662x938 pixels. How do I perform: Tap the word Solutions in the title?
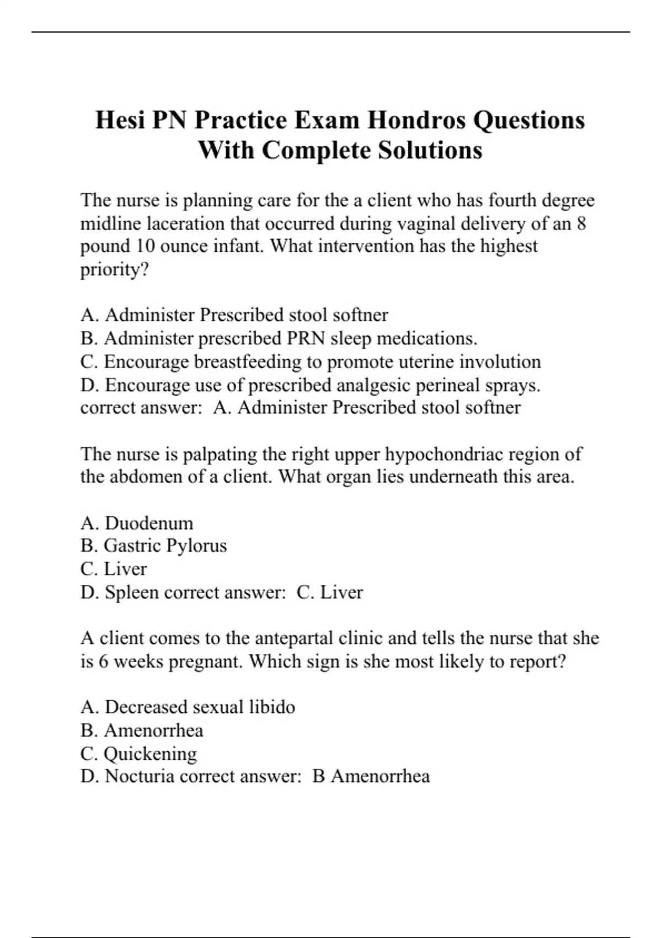[x=430, y=150]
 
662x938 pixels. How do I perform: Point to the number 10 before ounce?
[x=145, y=246]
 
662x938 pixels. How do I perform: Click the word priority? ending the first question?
[x=115, y=270]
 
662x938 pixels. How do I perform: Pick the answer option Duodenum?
[x=149, y=523]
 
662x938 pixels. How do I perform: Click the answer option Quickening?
[x=150, y=754]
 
